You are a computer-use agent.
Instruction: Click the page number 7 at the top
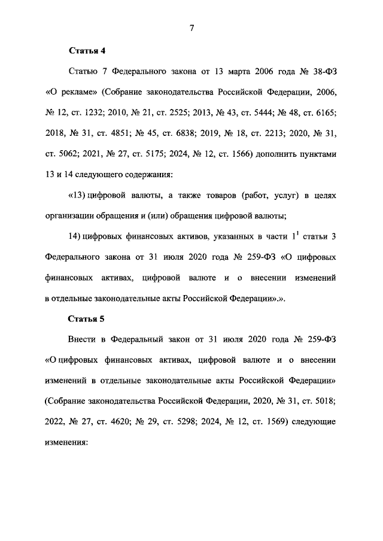[191, 28]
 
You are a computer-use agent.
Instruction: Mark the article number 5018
[327, 399]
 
